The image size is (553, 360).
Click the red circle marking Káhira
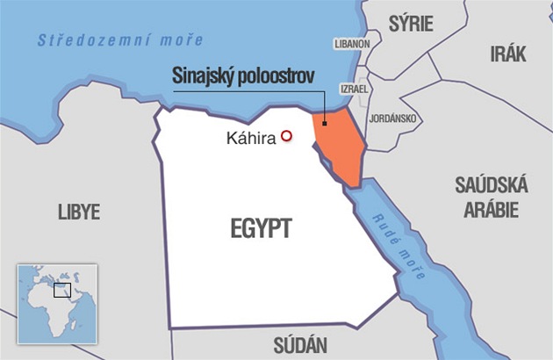coord(285,136)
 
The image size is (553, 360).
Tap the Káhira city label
coord(250,138)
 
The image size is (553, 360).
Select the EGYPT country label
coord(261,229)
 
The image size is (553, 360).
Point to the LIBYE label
coord(78,212)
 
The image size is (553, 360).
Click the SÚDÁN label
coord(300,344)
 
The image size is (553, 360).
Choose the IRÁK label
coord(508,54)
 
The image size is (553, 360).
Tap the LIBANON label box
coord(352,43)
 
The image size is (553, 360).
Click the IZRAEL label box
coord(354,90)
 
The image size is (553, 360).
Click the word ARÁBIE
coord(491,209)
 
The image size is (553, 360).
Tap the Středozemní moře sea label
coord(120,40)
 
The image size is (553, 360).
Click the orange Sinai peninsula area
coord(338,145)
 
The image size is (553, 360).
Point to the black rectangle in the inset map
coord(61,290)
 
